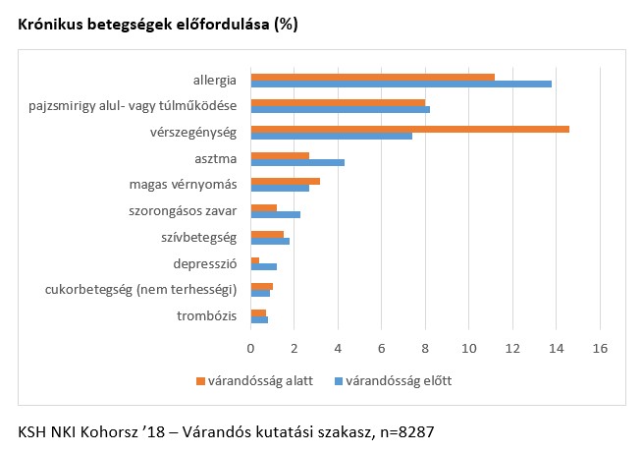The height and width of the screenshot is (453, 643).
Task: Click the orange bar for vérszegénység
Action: tap(410, 129)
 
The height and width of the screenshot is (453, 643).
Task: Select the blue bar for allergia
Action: tap(401, 84)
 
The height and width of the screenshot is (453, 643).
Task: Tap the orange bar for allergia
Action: tap(373, 76)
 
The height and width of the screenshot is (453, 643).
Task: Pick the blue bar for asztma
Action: tap(297, 161)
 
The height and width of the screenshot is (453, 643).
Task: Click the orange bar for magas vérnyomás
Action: tap(286, 181)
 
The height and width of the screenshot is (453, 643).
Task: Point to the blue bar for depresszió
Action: tap(264, 266)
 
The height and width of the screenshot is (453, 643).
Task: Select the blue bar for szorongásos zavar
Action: tap(276, 213)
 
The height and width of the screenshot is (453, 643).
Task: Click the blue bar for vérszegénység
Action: tap(332, 136)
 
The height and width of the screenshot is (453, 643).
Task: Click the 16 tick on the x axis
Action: tap(599, 347)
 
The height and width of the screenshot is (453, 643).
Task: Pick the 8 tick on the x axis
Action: tap(425, 347)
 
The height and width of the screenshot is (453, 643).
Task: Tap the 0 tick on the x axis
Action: tap(251, 347)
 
